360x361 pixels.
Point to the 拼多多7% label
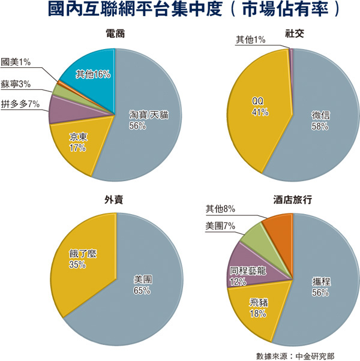click(20, 104)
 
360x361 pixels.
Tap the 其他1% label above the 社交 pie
click(251, 40)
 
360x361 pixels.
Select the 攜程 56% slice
click(322, 287)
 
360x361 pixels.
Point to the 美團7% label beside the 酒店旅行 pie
click(220, 225)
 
